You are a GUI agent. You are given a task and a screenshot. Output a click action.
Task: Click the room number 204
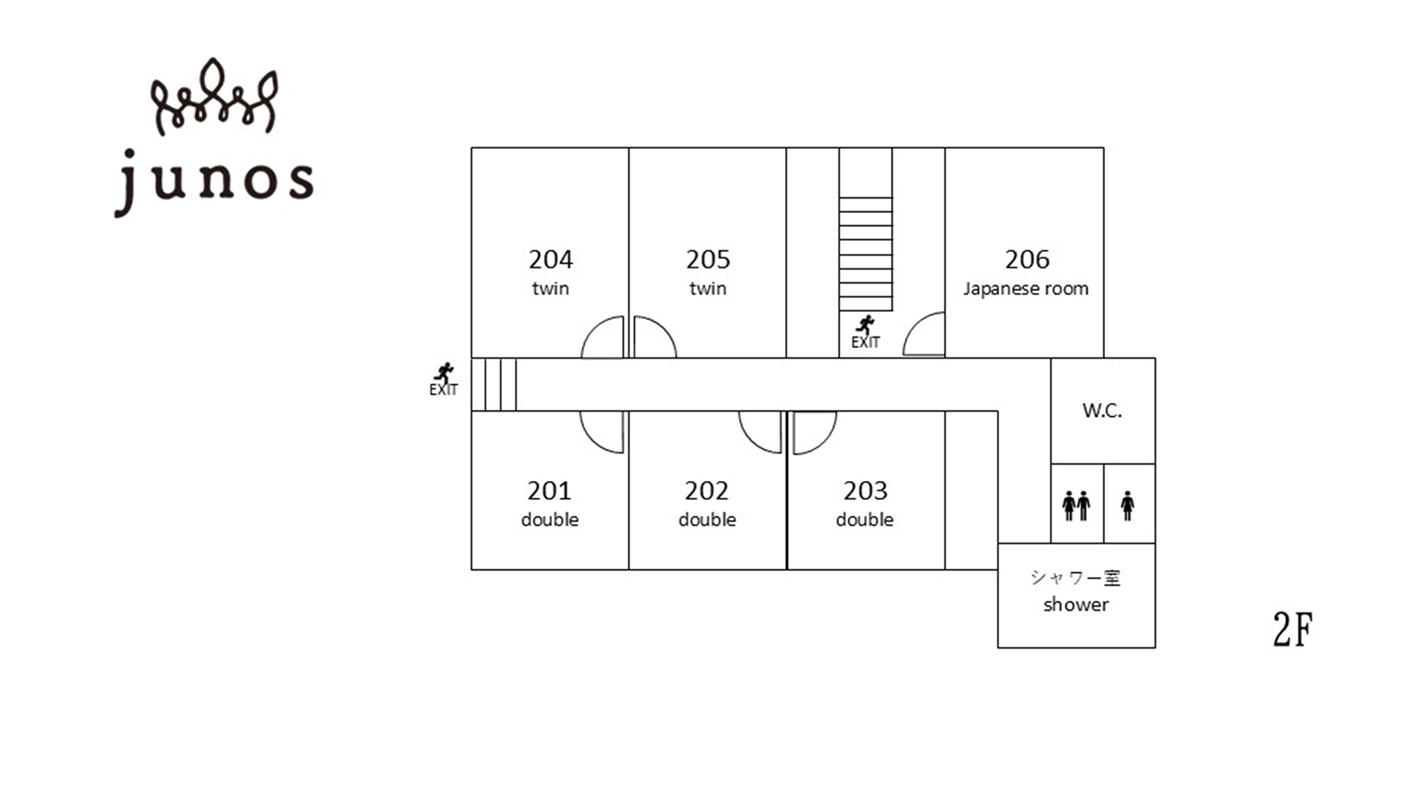pos(550,260)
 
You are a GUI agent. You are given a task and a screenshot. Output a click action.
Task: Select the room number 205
pos(708,260)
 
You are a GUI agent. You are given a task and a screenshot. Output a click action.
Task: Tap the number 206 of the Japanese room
pos(1026,260)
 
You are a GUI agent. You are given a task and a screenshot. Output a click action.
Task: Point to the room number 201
pos(549,491)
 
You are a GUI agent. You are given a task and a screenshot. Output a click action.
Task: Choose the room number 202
pos(706,491)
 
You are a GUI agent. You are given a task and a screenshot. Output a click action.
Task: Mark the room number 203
pos(865,491)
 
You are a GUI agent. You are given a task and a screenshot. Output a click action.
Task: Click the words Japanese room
pos(1026,289)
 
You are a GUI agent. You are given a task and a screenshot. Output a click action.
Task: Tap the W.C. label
pos(1101,411)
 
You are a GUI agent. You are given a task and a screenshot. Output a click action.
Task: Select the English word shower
pos(1075,605)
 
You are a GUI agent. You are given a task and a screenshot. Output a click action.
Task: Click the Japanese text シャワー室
pos(1075,577)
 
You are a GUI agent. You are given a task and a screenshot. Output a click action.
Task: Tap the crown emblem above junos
pos(214,97)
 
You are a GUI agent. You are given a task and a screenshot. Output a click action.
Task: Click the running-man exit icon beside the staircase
pos(865,324)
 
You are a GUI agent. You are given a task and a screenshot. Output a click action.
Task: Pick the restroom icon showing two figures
pos(1076,506)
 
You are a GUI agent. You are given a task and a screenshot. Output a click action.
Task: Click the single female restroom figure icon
pos(1127,506)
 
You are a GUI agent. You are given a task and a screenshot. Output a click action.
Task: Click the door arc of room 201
pos(592,441)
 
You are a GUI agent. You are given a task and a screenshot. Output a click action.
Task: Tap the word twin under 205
pos(708,289)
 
